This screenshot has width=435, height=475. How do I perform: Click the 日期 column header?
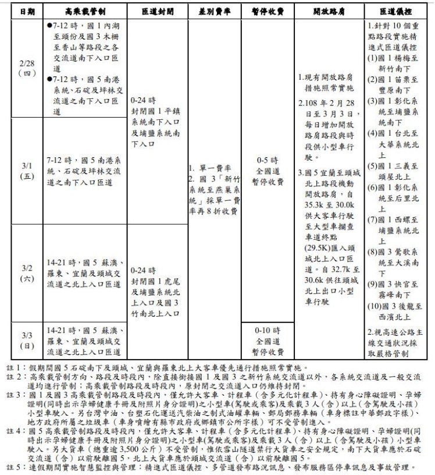[x=27, y=12]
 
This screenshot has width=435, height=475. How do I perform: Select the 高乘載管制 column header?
[x=84, y=12]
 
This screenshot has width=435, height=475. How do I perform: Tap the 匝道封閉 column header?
[x=156, y=12]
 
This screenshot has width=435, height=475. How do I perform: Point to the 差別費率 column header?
[x=213, y=12]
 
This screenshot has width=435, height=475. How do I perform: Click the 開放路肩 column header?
[x=329, y=12]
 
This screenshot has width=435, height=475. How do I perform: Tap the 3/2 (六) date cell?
[x=27, y=272]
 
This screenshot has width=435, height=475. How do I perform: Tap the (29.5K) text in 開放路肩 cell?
[x=317, y=248]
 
